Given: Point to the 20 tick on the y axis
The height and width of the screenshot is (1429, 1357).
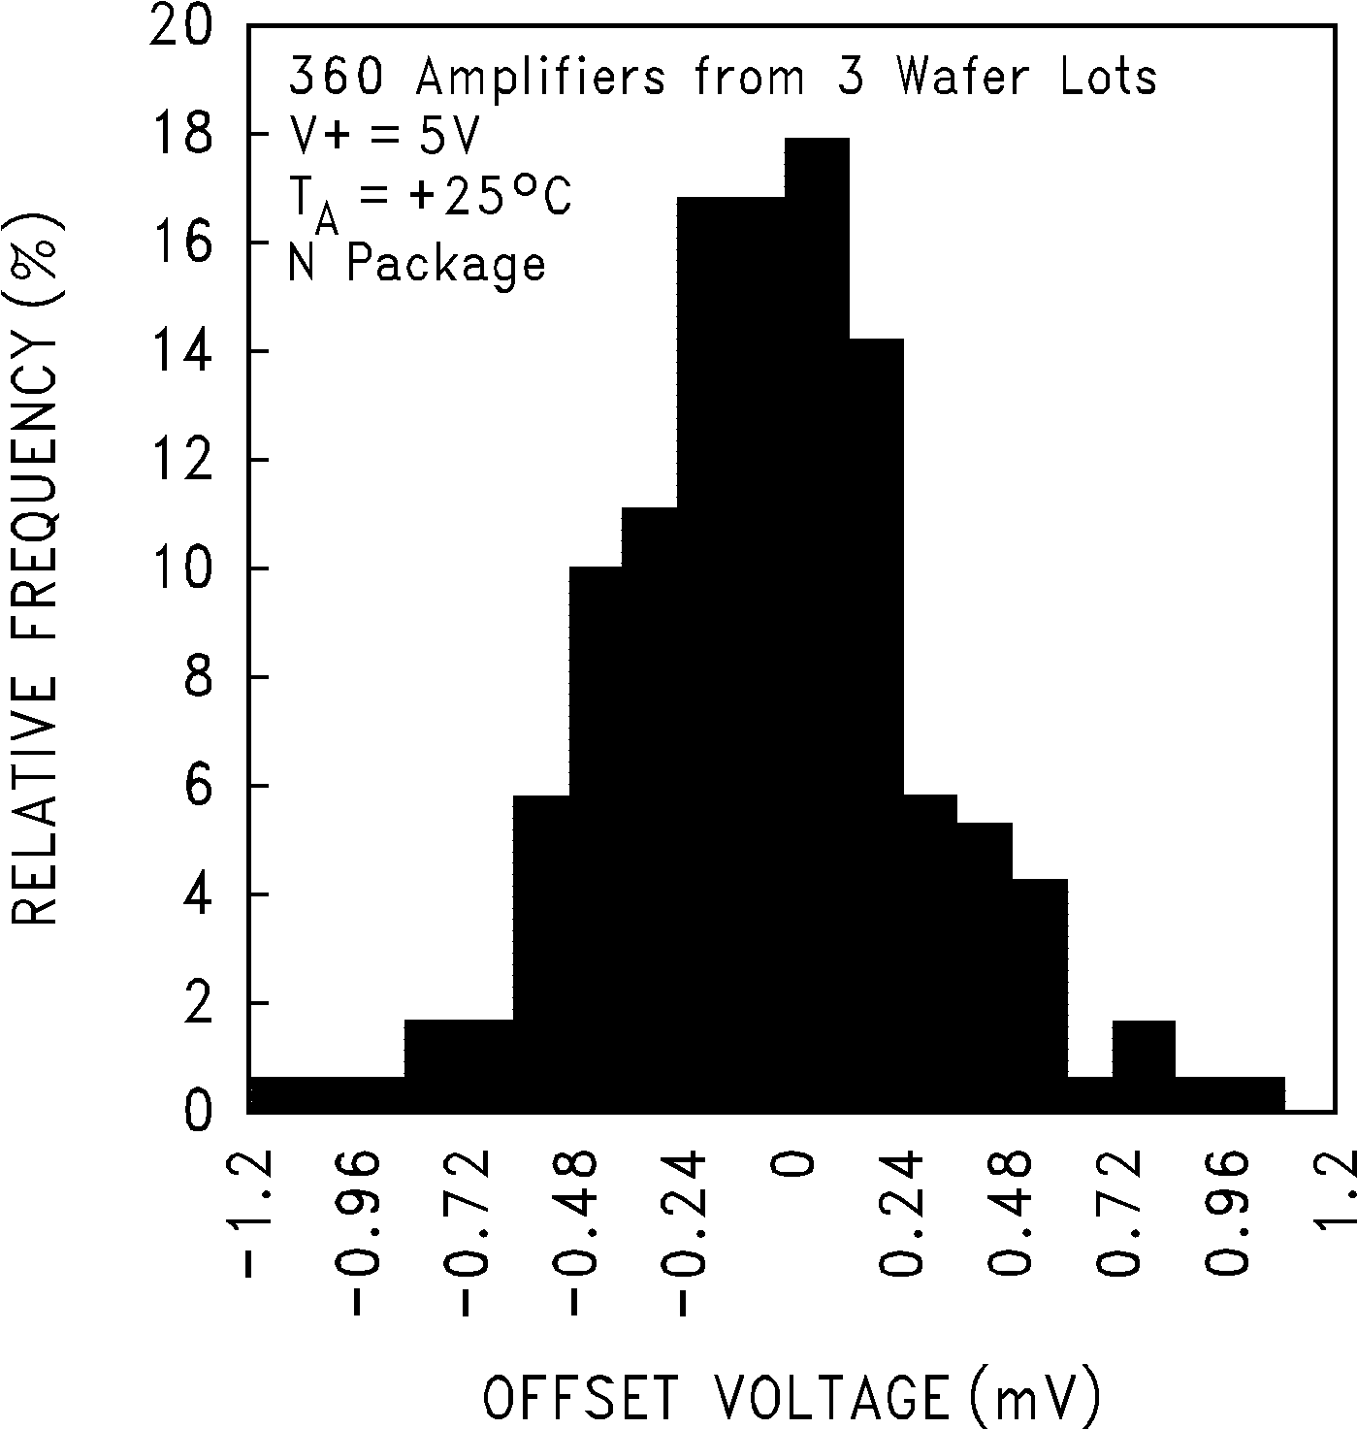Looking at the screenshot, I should [180, 26].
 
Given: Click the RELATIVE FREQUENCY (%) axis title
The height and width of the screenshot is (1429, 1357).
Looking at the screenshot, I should [37, 572].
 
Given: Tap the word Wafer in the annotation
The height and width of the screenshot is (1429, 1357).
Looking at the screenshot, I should [961, 77].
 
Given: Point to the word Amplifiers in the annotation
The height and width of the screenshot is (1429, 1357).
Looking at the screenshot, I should [541, 77].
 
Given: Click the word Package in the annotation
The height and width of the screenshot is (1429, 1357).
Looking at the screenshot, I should [446, 264].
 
